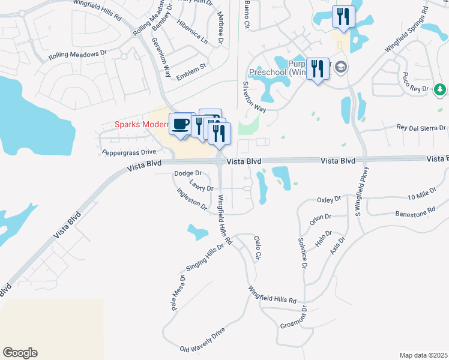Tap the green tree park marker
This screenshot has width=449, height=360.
pyautogui.click(x=440, y=89)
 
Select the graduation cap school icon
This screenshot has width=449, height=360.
pyautogui.click(x=341, y=67)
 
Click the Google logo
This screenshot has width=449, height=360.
pyautogui.click(x=20, y=353)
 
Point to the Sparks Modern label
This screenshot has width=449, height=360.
pyautogui.click(x=142, y=125)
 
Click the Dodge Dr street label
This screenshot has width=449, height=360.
pyautogui.click(x=188, y=173)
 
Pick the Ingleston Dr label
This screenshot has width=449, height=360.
pyautogui.click(x=191, y=199)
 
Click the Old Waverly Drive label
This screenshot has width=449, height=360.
pyautogui.click(x=202, y=340)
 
